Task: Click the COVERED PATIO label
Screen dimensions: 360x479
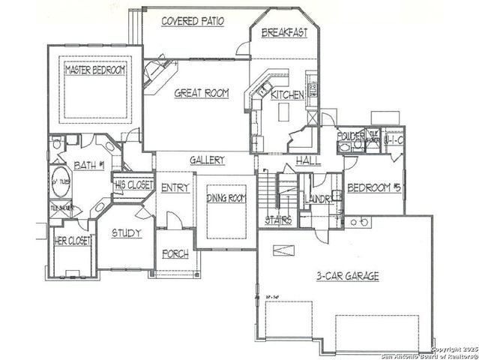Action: (x=193, y=21)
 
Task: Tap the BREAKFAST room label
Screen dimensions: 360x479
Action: (x=284, y=34)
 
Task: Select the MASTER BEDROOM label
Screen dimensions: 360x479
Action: (x=94, y=70)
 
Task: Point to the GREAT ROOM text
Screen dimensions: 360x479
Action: (x=201, y=93)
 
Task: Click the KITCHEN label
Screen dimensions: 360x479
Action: (x=287, y=95)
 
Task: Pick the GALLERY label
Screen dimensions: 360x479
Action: (x=207, y=160)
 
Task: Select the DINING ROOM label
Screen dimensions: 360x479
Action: (x=226, y=198)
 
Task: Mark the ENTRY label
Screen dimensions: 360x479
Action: (x=175, y=187)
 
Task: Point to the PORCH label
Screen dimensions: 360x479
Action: (x=175, y=254)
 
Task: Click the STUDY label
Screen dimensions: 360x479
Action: (x=126, y=233)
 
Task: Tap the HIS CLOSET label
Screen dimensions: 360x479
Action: (x=131, y=183)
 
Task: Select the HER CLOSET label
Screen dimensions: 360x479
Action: (x=73, y=241)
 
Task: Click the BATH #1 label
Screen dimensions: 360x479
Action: (x=89, y=164)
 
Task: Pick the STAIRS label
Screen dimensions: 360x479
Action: (x=277, y=220)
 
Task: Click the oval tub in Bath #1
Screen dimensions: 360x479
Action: (x=59, y=183)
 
